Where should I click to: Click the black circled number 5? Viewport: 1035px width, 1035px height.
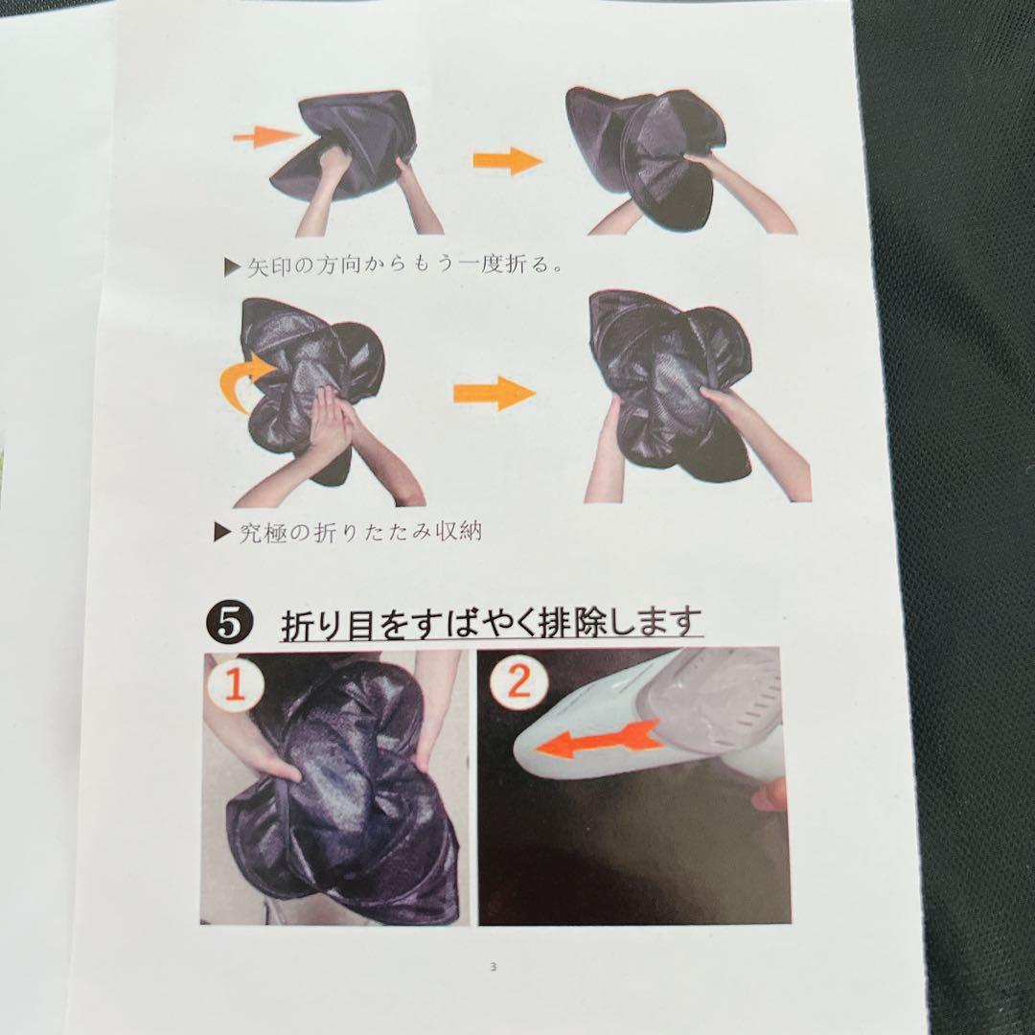[228, 623]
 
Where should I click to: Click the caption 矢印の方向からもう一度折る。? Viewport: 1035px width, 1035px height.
[405, 265]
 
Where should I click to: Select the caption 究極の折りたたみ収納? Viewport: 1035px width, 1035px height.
[359, 532]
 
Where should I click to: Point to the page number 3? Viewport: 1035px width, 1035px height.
[494, 968]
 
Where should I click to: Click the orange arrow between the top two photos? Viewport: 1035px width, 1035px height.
[507, 160]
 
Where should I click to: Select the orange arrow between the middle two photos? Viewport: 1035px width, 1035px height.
[494, 393]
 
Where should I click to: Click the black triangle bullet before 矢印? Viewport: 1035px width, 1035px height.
[232, 266]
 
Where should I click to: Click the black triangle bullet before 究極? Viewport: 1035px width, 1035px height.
[223, 532]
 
